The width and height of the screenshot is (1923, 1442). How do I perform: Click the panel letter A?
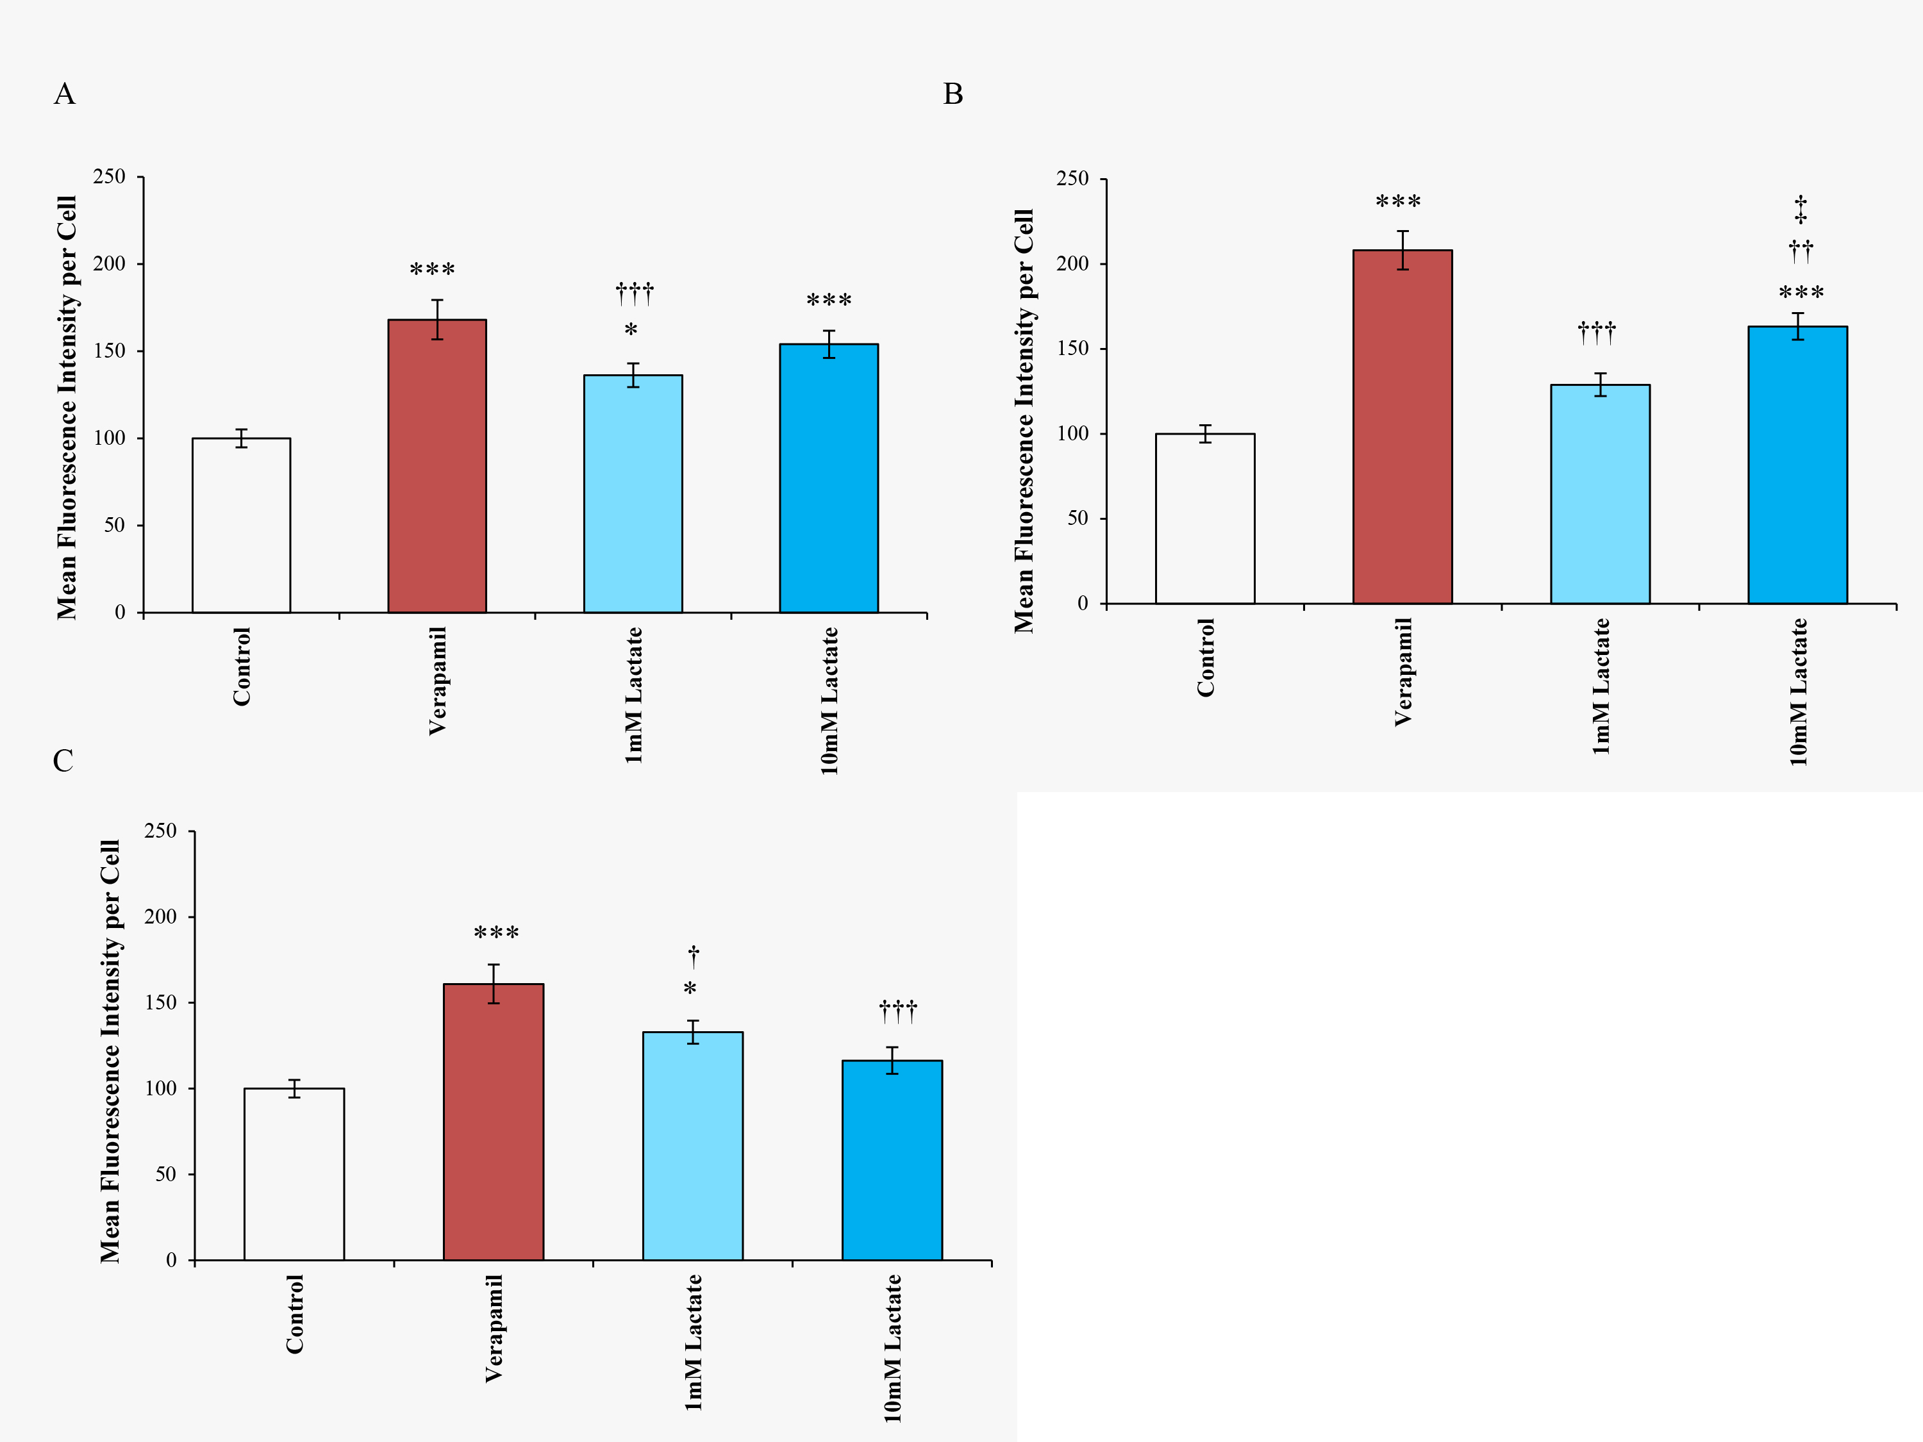[x=64, y=94]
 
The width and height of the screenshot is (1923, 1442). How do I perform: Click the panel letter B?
[x=953, y=94]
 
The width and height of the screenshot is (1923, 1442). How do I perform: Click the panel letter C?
[x=63, y=761]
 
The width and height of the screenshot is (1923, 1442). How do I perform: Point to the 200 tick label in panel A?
[x=110, y=263]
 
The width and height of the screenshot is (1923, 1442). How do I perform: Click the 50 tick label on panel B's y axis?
[x=1077, y=518]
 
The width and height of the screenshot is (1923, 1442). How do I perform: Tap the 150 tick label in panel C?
[x=160, y=1002]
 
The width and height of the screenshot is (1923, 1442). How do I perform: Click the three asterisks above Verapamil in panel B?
[x=1398, y=203]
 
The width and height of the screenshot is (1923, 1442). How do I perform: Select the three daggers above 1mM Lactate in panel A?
[x=635, y=293]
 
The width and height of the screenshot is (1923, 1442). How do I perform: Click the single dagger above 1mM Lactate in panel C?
[x=694, y=957]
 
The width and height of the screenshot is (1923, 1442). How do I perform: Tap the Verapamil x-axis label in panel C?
[x=493, y=1328]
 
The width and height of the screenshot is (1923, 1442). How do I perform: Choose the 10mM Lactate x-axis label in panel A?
[x=829, y=700]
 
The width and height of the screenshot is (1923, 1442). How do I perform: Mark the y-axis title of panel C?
[x=110, y=1051]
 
